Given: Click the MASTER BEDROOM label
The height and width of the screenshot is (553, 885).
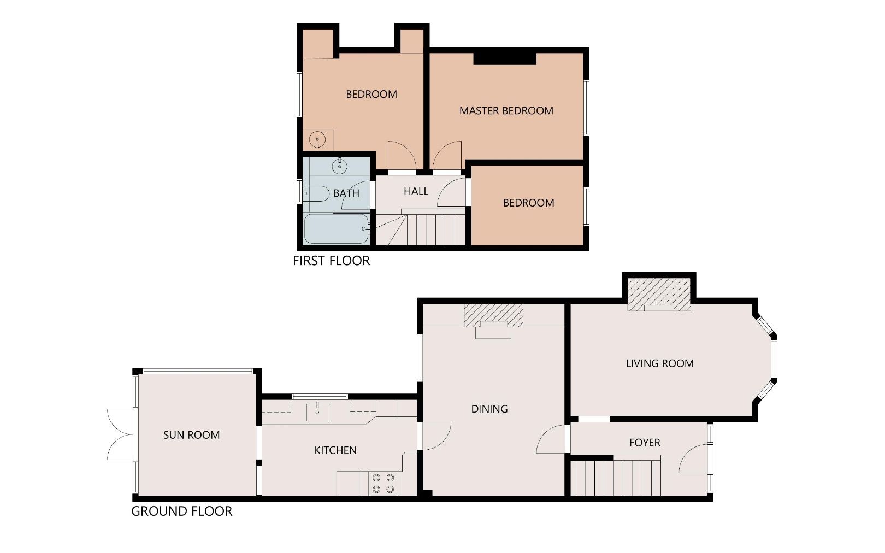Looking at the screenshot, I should [x=506, y=111].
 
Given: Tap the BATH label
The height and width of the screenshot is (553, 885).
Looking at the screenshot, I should [x=346, y=193].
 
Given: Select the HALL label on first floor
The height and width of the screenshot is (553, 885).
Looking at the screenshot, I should [x=416, y=191].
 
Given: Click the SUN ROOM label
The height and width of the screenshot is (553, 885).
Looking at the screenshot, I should [x=191, y=435].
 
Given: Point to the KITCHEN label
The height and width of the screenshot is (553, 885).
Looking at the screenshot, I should [x=335, y=450].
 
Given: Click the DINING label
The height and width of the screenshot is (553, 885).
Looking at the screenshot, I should [x=489, y=409].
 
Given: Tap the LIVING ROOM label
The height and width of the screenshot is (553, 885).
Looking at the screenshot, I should [x=659, y=363].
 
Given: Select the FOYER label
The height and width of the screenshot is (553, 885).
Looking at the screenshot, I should [x=645, y=443].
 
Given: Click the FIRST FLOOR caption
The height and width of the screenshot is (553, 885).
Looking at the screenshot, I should [x=331, y=261].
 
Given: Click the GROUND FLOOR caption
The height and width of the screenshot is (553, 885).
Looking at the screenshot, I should [x=181, y=511].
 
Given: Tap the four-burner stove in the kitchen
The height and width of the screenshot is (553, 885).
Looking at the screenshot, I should [x=383, y=483].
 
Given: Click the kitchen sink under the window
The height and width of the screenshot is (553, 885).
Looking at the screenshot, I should [x=317, y=411].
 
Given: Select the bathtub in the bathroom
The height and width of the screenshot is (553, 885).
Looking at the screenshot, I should [x=336, y=229].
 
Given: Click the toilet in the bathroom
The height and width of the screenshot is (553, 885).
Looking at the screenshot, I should [x=316, y=193].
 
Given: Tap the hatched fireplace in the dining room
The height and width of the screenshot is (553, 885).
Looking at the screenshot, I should [x=493, y=315].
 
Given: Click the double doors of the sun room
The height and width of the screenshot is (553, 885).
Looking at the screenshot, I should [x=120, y=434].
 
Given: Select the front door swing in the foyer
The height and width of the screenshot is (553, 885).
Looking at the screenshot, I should [x=694, y=459].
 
